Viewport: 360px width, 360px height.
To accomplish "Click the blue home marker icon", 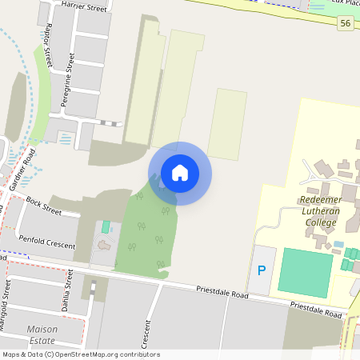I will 180,173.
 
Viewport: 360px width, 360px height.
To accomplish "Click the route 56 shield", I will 345,24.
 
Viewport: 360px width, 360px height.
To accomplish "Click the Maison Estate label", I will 42,334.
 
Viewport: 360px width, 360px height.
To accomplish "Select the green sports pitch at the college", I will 304,272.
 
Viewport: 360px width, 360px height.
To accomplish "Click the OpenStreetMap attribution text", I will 80,354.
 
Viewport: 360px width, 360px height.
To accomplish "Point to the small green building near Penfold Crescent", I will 106,227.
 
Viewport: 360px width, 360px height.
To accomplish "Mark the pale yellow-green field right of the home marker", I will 227,124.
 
